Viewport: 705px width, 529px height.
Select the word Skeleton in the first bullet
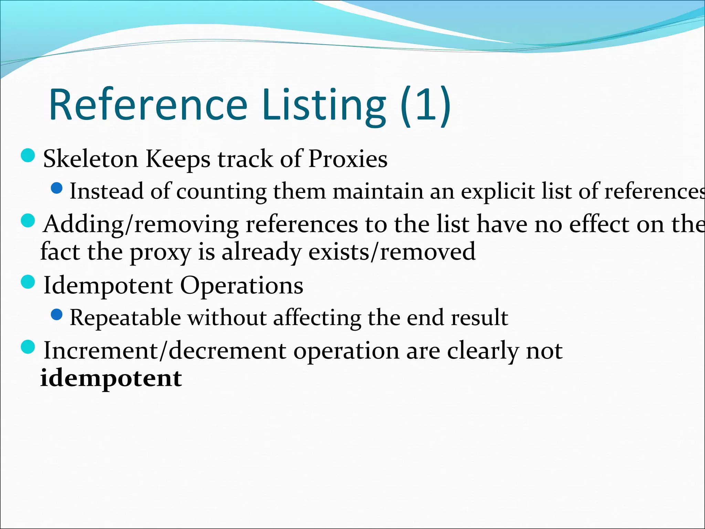pyautogui.click(x=91, y=159)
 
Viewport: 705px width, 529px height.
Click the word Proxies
pyautogui.click(x=348, y=159)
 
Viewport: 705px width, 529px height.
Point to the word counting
pyautogui.click(x=221, y=191)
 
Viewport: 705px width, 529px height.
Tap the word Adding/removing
pyautogui.click(x=140, y=224)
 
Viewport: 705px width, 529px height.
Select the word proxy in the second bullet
pyautogui.click(x=160, y=252)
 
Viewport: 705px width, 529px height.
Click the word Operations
pyautogui.click(x=242, y=286)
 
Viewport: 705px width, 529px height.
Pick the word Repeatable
pyautogui.click(x=125, y=318)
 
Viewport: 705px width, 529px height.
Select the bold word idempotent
pyautogui.click(x=111, y=378)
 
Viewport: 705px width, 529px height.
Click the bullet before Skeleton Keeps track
pyautogui.click(x=28, y=156)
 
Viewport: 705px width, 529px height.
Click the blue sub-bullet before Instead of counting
pyautogui.click(x=56, y=188)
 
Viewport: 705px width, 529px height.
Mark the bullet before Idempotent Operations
pyautogui.click(x=28, y=282)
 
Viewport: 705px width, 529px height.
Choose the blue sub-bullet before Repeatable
pyautogui.click(x=56, y=314)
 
